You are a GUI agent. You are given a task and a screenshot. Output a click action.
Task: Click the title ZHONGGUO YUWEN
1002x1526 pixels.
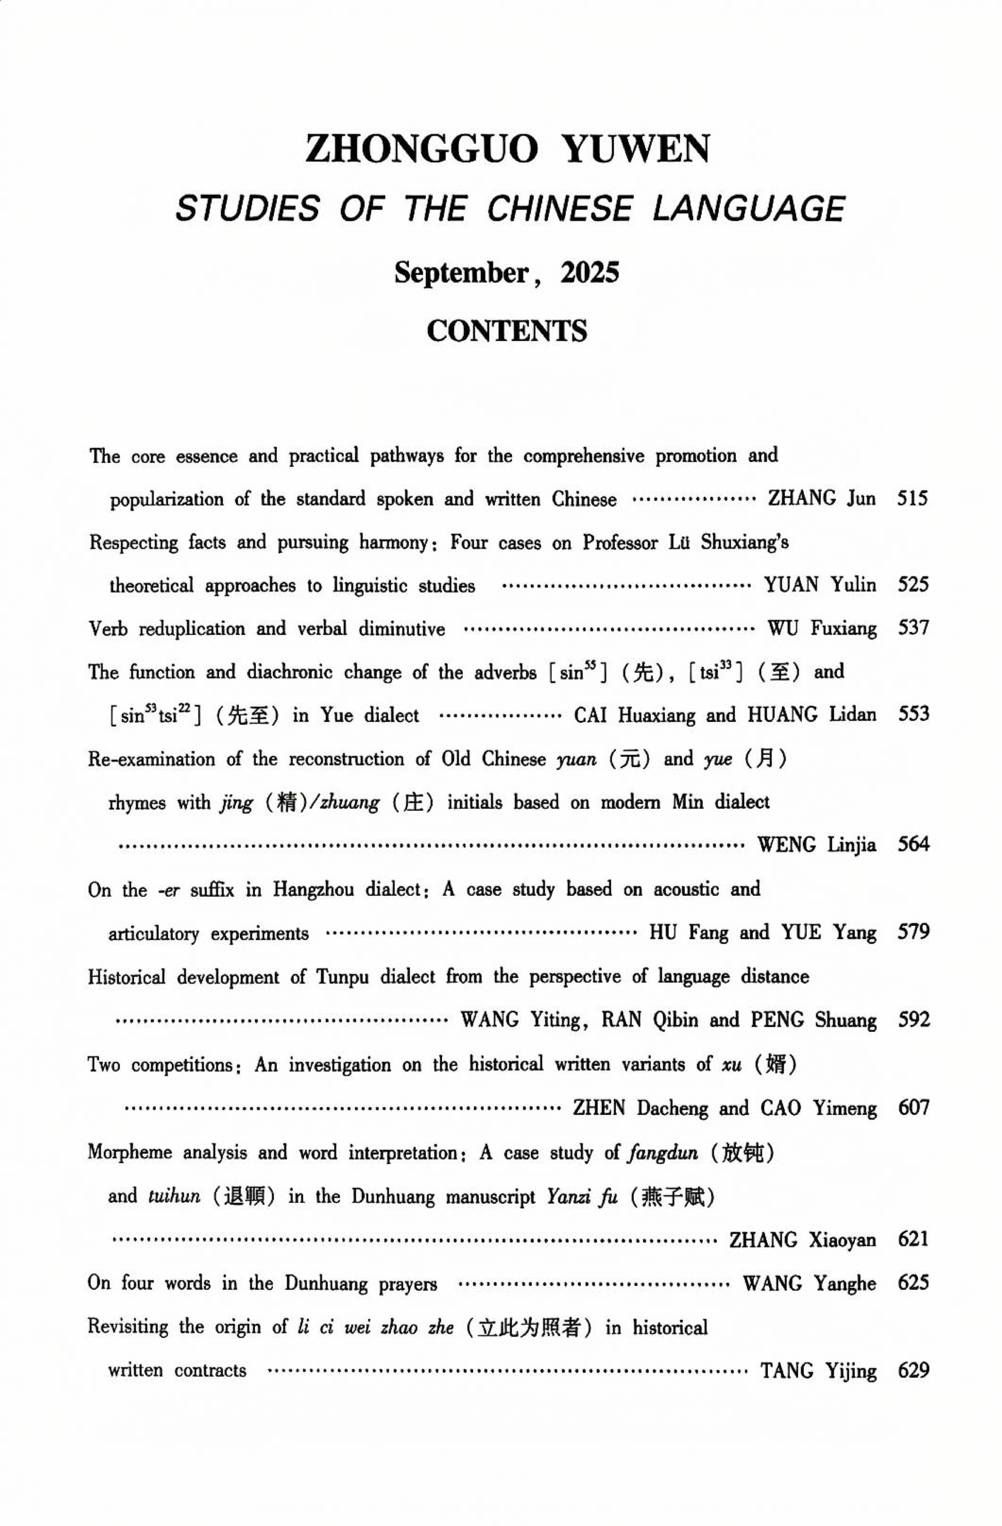point(507,149)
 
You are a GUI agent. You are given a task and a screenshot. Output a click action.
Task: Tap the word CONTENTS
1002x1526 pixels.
point(506,331)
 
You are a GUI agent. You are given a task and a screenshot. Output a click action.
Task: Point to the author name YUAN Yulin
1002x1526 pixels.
point(820,585)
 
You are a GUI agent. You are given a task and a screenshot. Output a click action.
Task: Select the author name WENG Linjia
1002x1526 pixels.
point(816,845)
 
